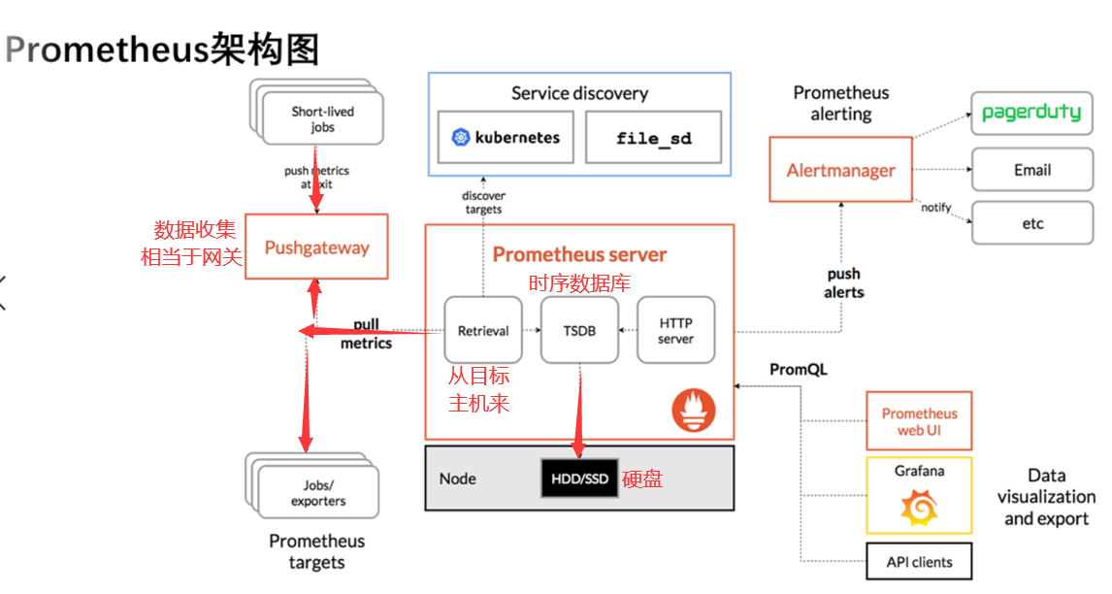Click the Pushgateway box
click(316, 247)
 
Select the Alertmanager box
click(840, 170)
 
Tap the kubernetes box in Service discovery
click(506, 137)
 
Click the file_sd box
click(653, 138)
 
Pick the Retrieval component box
click(482, 331)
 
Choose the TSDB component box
click(578, 331)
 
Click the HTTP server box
click(675, 331)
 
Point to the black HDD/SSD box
click(578, 478)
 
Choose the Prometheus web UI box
click(918, 421)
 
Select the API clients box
click(918, 562)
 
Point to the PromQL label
click(799, 370)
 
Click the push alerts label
click(843, 282)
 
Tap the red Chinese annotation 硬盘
click(641, 478)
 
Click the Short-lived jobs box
click(322, 119)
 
